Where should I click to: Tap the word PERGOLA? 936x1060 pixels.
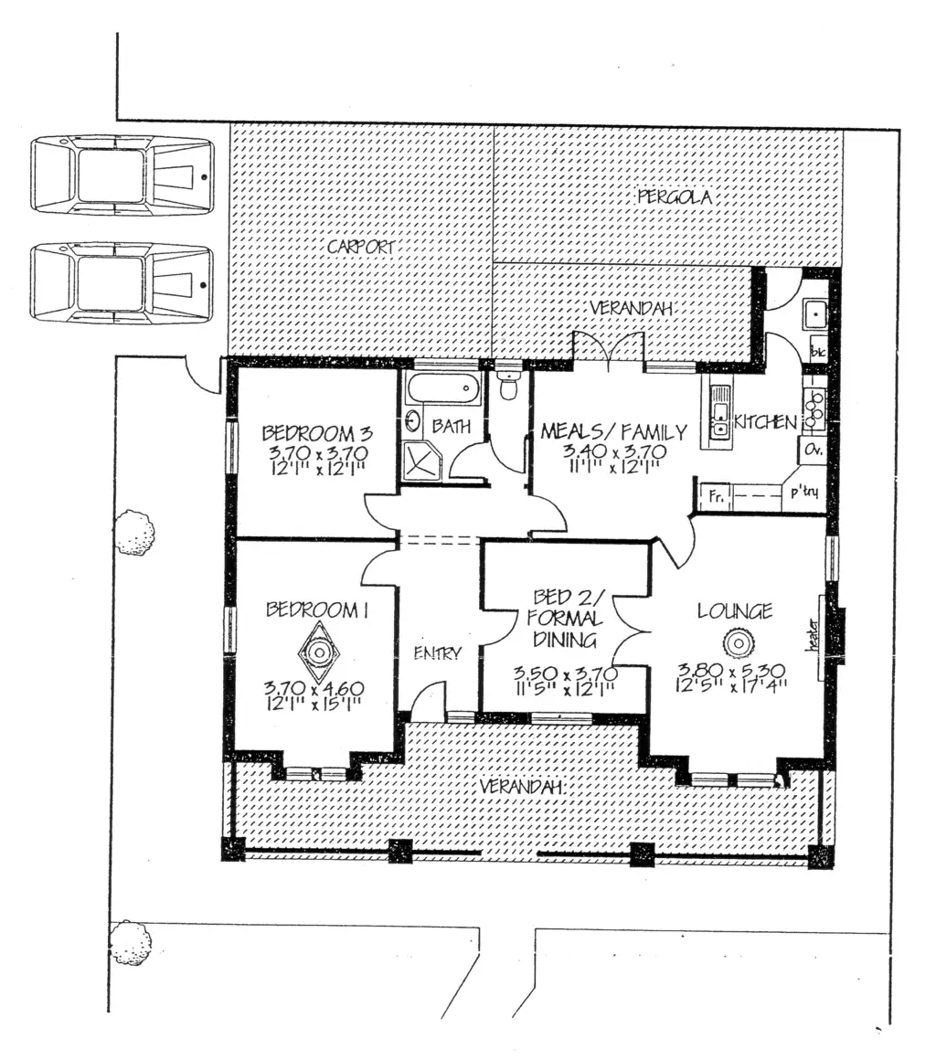pos(674,196)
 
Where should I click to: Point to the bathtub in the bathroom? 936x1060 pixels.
pos(443,387)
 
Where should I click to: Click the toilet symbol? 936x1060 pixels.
pos(508,384)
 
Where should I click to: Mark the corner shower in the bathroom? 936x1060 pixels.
pos(420,459)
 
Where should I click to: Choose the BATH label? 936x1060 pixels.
pos(451,425)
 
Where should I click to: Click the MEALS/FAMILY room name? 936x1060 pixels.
pos(612,431)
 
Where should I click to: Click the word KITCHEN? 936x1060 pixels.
pos(766,422)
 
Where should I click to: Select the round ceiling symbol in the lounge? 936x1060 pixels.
pos(736,644)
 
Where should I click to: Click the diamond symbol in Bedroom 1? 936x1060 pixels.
pos(319,652)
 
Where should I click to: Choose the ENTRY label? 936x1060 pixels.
pos(437,653)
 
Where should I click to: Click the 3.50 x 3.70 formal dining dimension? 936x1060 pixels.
pos(566,674)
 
